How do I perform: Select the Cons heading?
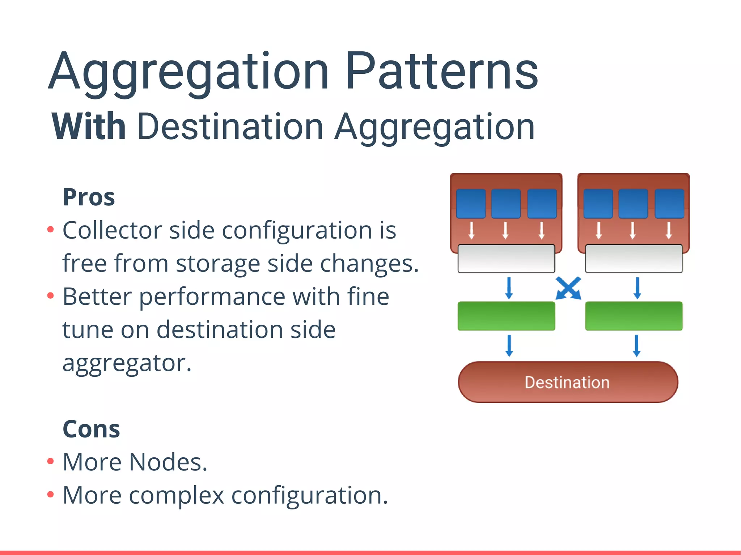point(91,429)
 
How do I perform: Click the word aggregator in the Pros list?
point(127,363)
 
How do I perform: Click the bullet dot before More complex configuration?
point(51,494)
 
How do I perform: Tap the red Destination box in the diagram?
point(568,382)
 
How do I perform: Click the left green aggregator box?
point(506,316)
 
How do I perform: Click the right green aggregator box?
point(634,316)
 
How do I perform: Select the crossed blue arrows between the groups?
point(568,288)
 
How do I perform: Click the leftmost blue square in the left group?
point(471,204)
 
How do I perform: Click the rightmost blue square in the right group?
point(669,204)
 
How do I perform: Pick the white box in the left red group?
point(506,259)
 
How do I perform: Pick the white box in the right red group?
point(634,259)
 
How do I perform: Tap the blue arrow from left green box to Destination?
point(509,346)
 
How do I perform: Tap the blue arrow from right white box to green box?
point(637,288)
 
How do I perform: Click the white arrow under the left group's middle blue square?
point(505,231)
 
